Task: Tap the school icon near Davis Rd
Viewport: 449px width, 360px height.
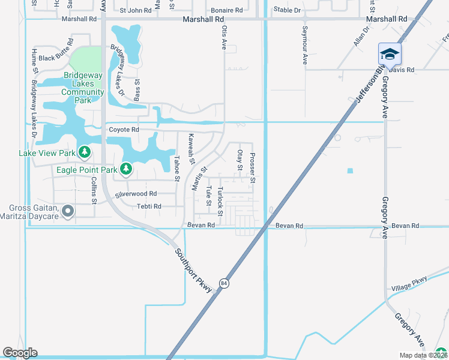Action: tap(389, 55)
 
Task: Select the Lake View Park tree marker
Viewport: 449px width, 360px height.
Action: tap(85, 153)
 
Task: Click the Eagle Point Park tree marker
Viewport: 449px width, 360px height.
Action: tap(125, 170)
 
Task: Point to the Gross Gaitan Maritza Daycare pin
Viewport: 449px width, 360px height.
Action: tap(68, 211)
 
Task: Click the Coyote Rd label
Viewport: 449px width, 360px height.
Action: tap(124, 130)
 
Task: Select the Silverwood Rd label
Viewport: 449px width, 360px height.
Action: tap(136, 194)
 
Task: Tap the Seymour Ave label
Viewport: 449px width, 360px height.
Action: tap(305, 45)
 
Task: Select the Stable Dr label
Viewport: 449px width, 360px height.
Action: tap(287, 10)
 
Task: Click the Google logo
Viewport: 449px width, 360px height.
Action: tap(20, 353)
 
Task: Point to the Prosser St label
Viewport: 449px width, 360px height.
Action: tap(253, 168)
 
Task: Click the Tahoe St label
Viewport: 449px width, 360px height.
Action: tap(176, 168)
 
